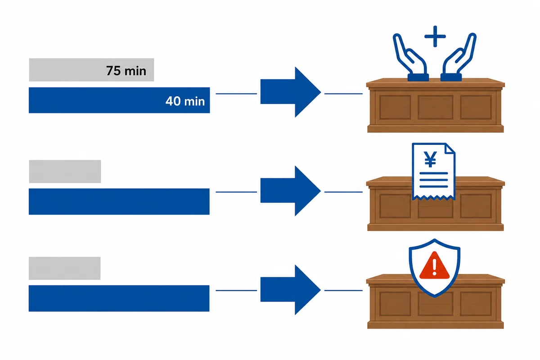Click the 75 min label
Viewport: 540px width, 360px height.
click(126, 71)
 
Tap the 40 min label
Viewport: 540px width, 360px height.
click(185, 101)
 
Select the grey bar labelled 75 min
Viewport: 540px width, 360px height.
click(91, 70)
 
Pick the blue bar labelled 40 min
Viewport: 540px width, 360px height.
click(119, 100)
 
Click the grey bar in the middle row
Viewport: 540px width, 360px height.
click(65, 171)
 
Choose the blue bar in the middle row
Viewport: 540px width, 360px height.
click(119, 202)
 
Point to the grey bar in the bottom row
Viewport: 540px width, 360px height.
click(65, 268)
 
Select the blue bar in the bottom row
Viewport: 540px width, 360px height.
click(119, 298)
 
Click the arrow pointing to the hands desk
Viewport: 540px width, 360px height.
click(291, 92)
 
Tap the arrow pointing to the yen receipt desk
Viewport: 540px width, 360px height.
click(291, 191)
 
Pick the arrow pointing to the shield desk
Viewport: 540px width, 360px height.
click(291, 290)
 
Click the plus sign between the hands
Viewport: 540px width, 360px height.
click(435, 36)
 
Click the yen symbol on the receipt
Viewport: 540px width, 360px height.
click(430, 159)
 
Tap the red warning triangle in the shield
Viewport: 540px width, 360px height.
click(434, 265)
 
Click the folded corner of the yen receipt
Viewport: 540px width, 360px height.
click(450, 148)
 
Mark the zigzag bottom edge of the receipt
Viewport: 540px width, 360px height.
click(434, 198)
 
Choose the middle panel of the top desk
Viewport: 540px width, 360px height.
click(436, 107)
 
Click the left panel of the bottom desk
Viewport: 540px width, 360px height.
click(395, 304)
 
